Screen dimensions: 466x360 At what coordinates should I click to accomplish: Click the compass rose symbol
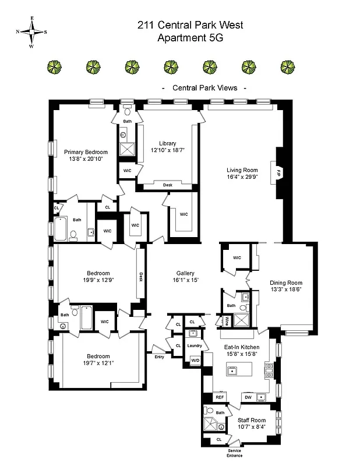(x=31, y=32)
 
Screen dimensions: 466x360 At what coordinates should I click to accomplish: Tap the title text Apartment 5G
(x=190, y=38)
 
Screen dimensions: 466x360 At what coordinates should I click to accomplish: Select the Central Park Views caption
(x=204, y=88)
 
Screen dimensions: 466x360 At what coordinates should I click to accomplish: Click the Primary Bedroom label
(x=86, y=152)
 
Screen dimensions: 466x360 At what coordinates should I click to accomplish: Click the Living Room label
(x=241, y=171)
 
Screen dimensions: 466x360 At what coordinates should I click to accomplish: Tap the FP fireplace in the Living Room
(x=278, y=173)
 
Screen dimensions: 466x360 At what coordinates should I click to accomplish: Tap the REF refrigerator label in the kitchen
(x=220, y=397)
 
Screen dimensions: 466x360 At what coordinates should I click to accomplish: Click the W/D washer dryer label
(x=194, y=361)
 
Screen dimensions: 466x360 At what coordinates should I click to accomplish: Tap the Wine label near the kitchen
(x=225, y=320)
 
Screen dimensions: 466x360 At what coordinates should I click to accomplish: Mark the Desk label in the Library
(x=167, y=185)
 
